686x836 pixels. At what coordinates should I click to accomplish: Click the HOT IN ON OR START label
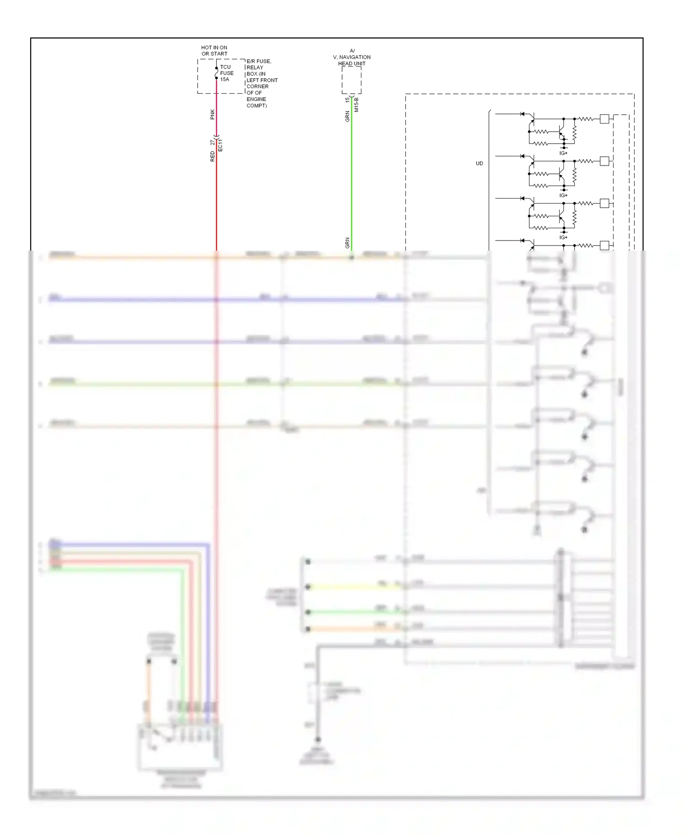[214, 50]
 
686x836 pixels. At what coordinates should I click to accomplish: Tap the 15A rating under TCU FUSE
[225, 80]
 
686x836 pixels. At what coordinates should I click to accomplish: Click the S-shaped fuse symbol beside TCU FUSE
[216, 73]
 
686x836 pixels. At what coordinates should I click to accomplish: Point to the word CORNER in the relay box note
[257, 86]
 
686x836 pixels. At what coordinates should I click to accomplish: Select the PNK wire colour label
[212, 114]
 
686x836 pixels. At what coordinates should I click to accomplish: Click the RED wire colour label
[212, 156]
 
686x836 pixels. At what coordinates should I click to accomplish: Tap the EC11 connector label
[220, 145]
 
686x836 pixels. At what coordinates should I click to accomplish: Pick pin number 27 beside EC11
[212, 143]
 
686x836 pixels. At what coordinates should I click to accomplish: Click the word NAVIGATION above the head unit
[355, 57]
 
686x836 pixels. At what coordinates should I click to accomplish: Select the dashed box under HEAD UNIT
[351, 80]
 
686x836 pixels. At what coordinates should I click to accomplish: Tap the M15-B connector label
[357, 105]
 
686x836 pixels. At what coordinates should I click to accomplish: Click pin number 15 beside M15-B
[348, 99]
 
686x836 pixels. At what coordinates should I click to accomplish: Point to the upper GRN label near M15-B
[348, 116]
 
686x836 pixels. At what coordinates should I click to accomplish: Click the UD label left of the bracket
[479, 163]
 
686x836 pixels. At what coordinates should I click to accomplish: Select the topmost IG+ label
[563, 153]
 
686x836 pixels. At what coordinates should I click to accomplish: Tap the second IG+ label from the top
[563, 195]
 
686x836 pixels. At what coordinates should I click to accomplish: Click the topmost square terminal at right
[604, 119]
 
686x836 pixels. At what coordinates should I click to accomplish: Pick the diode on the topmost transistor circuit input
[522, 114]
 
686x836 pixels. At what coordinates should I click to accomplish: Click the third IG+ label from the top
[563, 237]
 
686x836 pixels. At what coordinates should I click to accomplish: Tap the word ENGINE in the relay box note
[256, 99]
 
